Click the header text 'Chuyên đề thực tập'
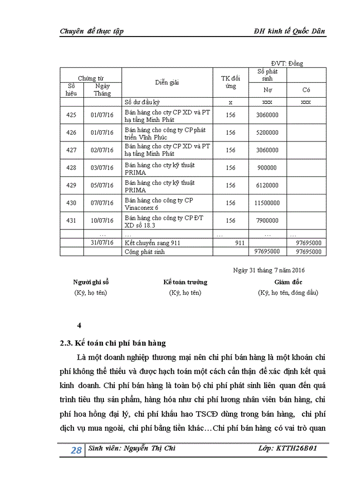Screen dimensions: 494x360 [x=92, y=31]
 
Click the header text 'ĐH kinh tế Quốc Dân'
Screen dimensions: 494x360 [x=290, y=31]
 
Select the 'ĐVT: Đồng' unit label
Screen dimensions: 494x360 [x=287, y=64]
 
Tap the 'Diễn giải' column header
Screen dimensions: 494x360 [x=167, y=82]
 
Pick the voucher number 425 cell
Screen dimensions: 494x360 [x=71, y=115]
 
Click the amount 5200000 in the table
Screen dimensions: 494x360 [x=267, y=133]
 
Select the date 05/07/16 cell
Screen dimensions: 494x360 [x=102, y=185]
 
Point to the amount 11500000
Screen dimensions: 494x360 [x=267, y=203]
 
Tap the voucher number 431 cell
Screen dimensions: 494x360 [x=71, y=220]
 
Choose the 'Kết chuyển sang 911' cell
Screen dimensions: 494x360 [x=153, y=243]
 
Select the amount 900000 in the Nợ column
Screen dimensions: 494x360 [x=267, y=168]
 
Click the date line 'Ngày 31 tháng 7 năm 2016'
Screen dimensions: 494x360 [x=268, y=270]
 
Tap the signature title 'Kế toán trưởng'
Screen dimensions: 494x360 [x=185, y=282]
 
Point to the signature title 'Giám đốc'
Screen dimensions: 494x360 [x=288, y=282]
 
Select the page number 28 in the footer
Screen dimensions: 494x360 [x=76, y=450]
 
